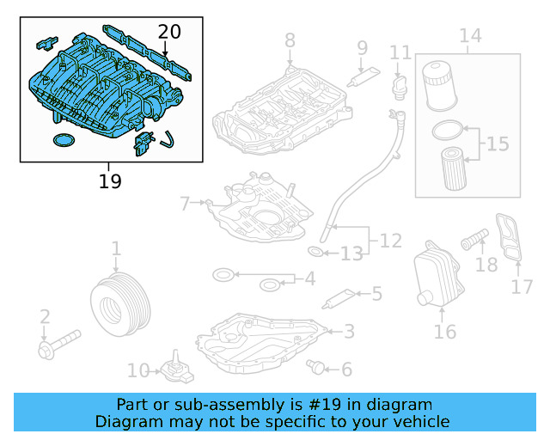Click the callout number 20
[x=170, y=33]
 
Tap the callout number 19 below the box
[x=109, y=181]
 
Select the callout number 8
[x=290, y=40]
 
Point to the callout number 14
[x=470, y=36]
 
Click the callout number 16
[x=445, y=331]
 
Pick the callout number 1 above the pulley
[x=116, y=249]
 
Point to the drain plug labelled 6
[x=318, y=368]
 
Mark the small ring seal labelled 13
[x=316, y=252]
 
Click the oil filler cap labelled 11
[x=400, y=84]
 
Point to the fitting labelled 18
[x=474, y=236]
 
